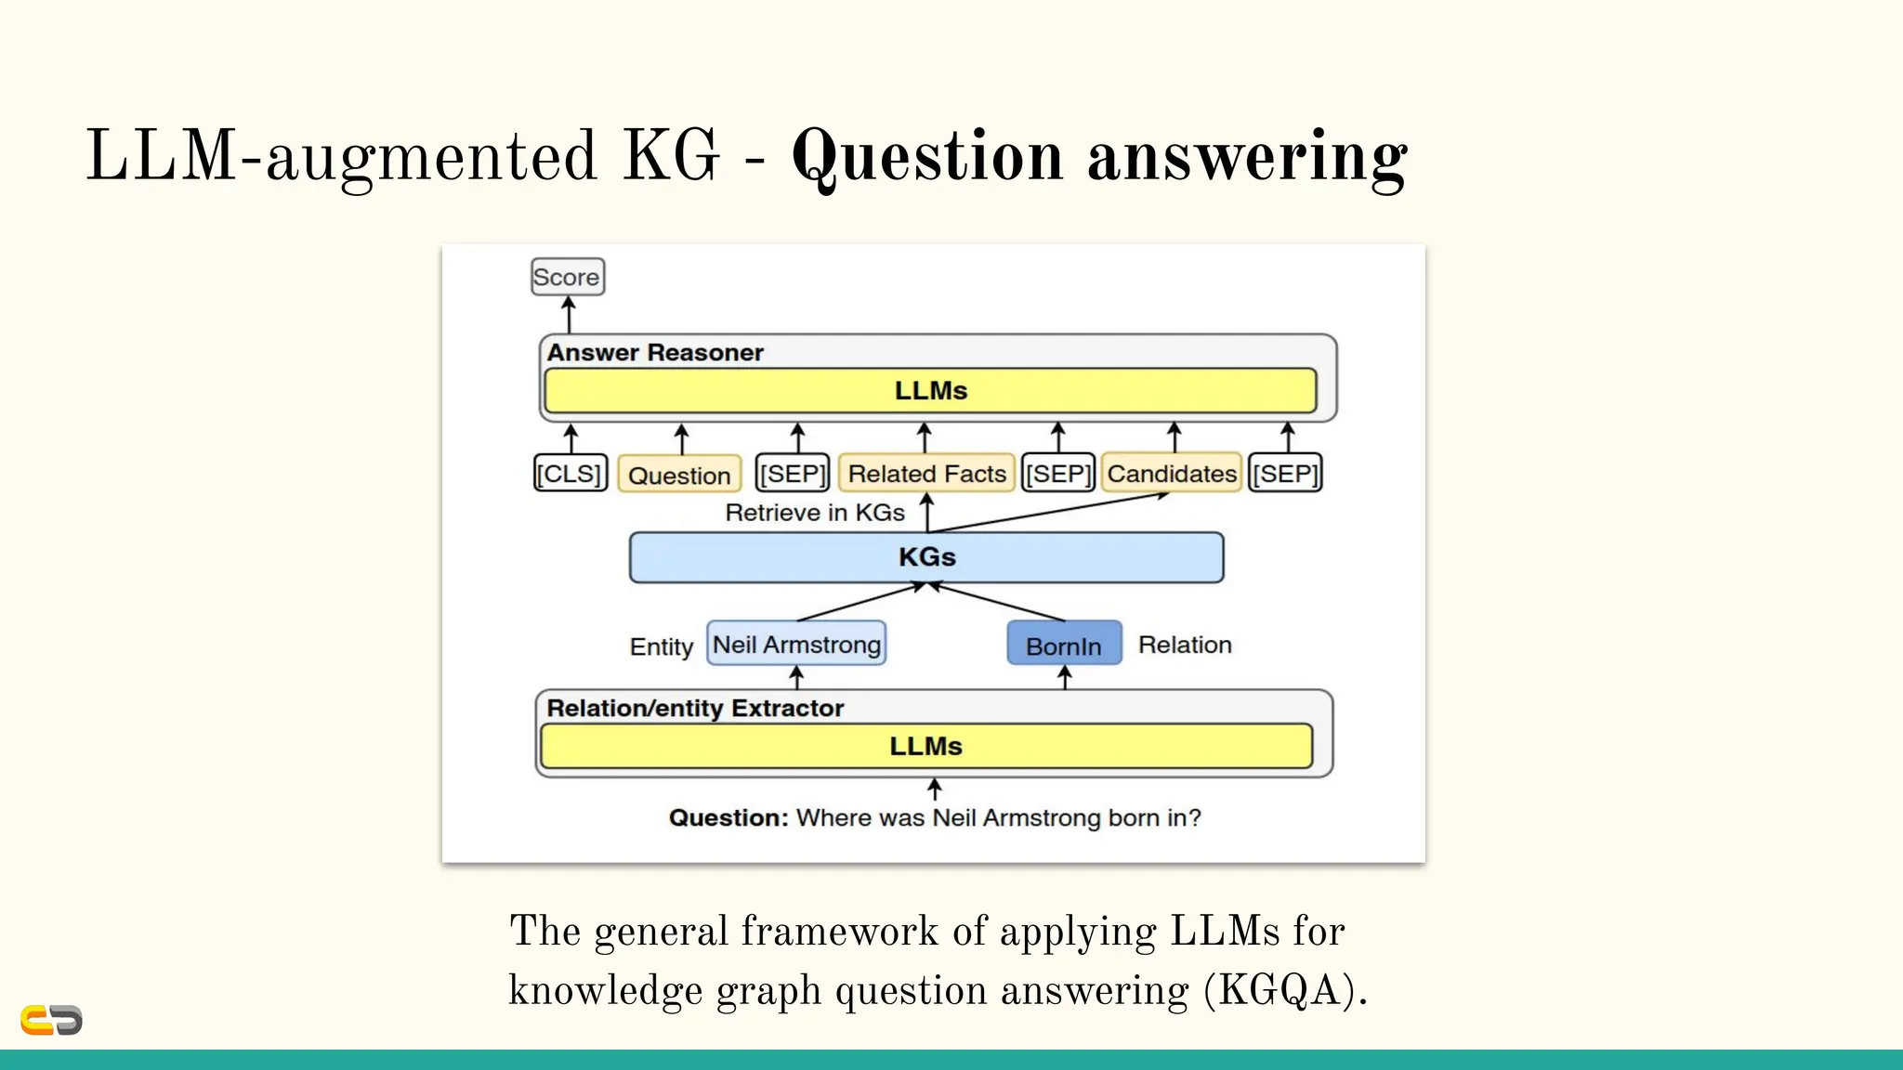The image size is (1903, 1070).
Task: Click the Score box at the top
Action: coord(567,277)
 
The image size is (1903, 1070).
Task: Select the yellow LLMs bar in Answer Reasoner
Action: coord(930,391)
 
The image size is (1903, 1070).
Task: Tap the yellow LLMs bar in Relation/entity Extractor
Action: coord(925,747)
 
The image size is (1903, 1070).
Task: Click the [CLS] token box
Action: coord(570,474)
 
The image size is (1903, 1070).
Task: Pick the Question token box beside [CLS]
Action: coord(679,475)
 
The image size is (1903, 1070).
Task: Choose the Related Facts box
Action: coord(926,474)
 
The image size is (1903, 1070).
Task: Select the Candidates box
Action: coord(1171,474)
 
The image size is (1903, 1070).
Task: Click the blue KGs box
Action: coord(926,557)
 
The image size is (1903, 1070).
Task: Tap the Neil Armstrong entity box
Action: coord(796,645)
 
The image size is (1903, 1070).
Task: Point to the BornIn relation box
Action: coord(1064,645)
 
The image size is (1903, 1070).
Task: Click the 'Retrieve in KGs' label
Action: coord(814,513)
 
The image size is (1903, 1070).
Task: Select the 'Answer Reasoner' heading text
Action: coord(655,353)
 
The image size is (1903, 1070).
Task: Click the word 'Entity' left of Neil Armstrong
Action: coord(661,646)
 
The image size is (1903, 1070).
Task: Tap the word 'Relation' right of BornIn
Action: coord(1185,645)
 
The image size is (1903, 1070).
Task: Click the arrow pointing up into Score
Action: coord(569,315)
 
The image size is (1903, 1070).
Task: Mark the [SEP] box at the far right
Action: coord(1285,474)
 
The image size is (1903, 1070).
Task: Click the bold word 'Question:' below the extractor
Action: coord(728,818)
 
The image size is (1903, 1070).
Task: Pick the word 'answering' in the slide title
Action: coord(1247,157)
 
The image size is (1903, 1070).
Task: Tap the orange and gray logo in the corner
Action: coord(51,1020)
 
